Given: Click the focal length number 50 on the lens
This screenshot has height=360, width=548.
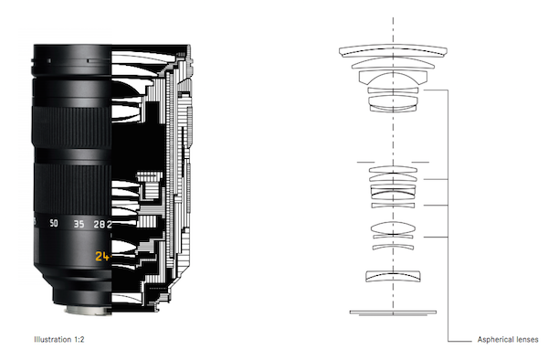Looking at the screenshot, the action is coord(54,223).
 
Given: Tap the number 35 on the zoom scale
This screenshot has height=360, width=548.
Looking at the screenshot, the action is coord(79,224).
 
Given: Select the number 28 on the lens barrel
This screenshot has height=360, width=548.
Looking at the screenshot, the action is coord(100,224).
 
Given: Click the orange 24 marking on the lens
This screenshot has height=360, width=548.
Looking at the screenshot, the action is coord(102,257).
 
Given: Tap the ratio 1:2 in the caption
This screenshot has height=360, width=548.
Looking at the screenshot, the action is coord(79,339).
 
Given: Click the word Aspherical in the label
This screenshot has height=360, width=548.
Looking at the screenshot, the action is coord(494,339).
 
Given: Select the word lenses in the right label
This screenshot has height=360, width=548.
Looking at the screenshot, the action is coord(525,339).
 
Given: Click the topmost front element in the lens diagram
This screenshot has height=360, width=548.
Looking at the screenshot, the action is coord(393,50).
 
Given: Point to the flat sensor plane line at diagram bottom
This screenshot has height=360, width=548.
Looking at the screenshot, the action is coord(393,312).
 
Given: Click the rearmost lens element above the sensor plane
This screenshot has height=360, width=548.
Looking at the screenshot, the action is coord(393,276).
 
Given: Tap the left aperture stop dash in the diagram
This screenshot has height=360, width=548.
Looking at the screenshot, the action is coord(365,162).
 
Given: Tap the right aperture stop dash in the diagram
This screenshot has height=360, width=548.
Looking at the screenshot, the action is coord(420,162).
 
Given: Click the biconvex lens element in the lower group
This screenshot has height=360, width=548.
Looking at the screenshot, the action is coord(393,228).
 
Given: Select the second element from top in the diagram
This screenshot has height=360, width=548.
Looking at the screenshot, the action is coord(393,63).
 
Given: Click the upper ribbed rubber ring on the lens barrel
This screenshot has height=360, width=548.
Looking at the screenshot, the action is coord(71,127).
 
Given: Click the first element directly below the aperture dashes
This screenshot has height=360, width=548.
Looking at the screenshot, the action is coord(393,170).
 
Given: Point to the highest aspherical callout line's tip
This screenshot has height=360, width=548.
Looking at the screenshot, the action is coord(424,90).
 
